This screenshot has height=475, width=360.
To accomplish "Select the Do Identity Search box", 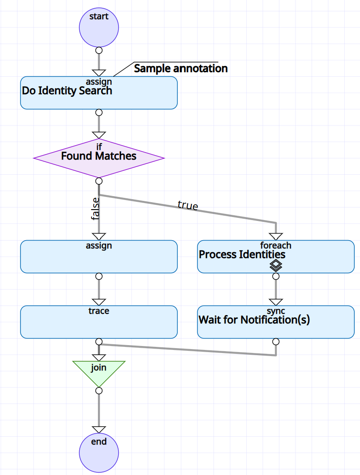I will [x=99, y=93].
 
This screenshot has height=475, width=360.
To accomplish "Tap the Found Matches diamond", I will [x=99, y=158].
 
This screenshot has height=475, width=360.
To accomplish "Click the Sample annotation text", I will [x=180, y=68].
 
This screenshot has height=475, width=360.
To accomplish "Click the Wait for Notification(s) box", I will [x=275, y=322].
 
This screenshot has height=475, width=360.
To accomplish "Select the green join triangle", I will [x=99, y=371].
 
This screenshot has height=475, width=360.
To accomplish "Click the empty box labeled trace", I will [x=99, y=322].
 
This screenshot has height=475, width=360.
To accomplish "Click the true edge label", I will [x=188, y=205].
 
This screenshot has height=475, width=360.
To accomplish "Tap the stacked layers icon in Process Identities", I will [x=276, y=265].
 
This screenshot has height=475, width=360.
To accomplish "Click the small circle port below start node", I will [x=99, y=50].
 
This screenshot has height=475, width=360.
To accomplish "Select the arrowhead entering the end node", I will [x=99, y=430].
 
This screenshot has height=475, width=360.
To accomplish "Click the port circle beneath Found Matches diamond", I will [x=99, y=181].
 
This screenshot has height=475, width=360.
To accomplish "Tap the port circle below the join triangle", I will [x=99, y=390].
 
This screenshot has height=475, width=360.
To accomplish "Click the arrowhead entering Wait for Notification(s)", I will [x=276, y=302].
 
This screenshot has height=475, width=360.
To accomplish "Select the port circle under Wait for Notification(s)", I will [x=276, y=341].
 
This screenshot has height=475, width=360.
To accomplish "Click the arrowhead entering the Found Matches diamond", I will [x=99, y=135].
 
